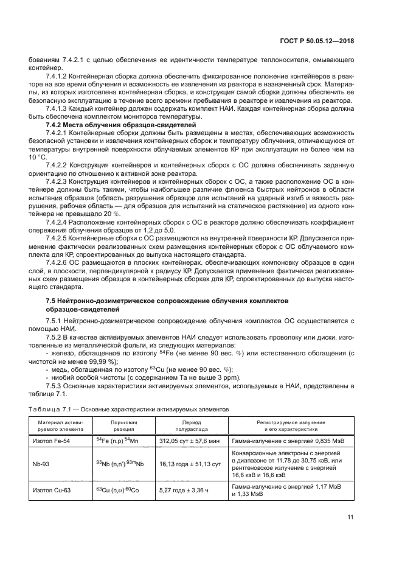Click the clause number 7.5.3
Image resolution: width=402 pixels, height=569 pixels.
57,386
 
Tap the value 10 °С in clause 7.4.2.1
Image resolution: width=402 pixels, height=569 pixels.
38,156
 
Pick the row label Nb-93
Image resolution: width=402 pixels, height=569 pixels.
41,464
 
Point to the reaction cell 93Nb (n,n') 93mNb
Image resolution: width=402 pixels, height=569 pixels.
120,464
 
